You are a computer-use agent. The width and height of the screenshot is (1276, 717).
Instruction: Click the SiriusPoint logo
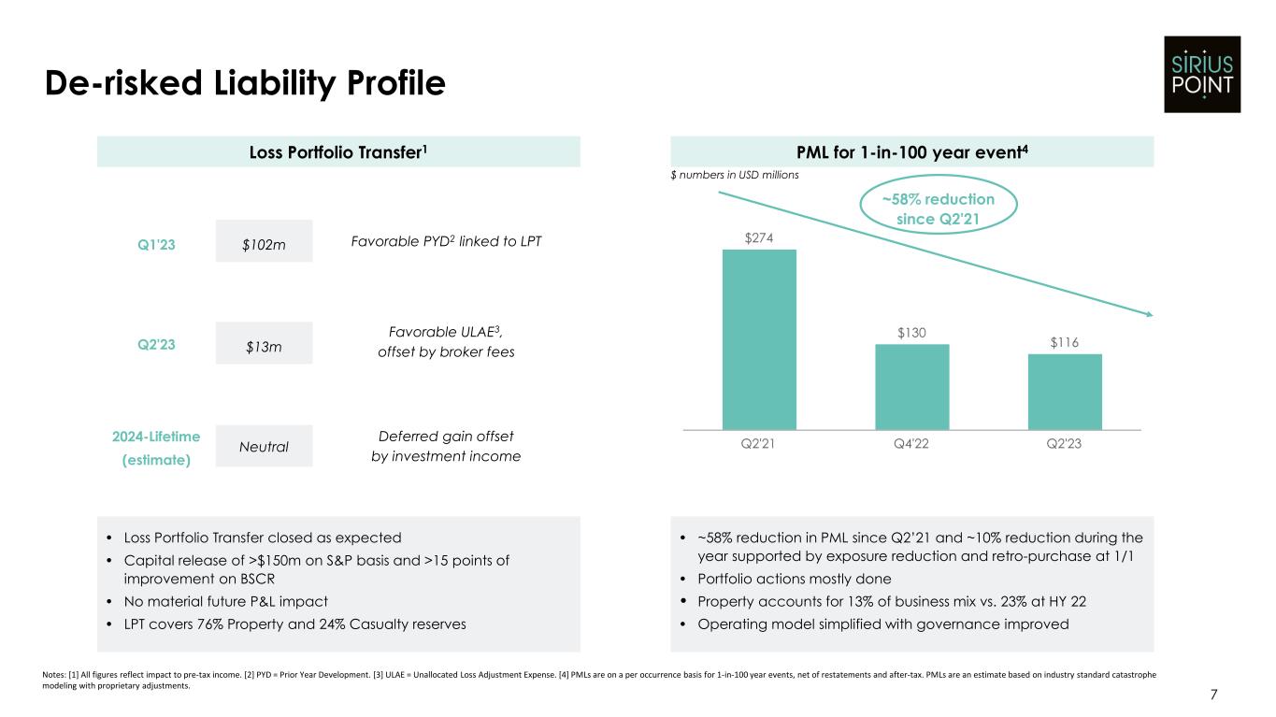click(x=1201, y=74)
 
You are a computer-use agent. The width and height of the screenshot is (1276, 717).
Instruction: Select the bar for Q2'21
click(x=759, y=338)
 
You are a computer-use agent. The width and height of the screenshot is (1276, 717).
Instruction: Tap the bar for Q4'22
click(x=911, y=386)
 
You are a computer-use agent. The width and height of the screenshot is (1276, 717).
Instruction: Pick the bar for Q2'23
click(x=1065, y=391)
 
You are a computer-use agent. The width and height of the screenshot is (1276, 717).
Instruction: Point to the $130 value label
click(x=911, y=333)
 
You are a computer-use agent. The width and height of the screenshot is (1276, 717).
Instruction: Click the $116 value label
click(x=1065, y=343)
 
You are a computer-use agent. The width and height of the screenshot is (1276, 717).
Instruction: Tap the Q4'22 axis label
click(x=911, y=445)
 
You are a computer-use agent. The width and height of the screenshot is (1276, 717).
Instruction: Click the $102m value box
click(x=264, y=242)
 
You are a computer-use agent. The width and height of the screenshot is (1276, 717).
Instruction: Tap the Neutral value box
click(x=264, y=446)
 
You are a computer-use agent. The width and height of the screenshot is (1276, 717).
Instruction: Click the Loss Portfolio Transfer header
click(x=338, y=151)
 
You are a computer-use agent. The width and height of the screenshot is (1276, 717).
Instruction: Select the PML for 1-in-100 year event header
click(x=912, y=151)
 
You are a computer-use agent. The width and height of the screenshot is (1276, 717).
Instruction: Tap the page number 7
click(x=1213, y=695)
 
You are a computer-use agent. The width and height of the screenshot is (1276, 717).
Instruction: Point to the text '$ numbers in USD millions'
click(x=735, y=175)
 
